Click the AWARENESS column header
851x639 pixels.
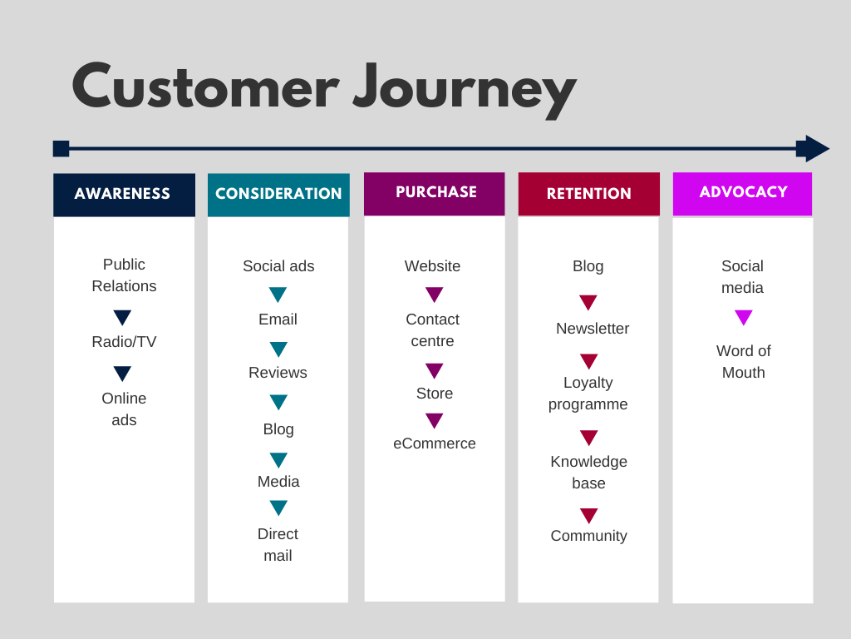pyautogui.click(x=125, y=195)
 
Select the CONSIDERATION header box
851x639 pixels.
pyautogui.click(x=278, y=195)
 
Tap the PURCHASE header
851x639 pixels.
pyautogui.click(x=434, y=193)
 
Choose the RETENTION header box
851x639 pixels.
pyautogui.click(x=589, y=193)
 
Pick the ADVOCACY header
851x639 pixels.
pyautogui.click(x=742, y=193)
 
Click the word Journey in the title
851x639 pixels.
pyautogui.click(x=465, y=90)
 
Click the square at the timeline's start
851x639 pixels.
pyautogui.click(x=61, y=148)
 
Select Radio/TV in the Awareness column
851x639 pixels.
pyautogui.click(x=124, y=342)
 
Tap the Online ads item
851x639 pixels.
pyautogui.click(x=124, y=409)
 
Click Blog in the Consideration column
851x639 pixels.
pyautogui.click(x=278, y=429)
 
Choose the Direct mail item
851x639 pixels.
pyautogui.click(x=278, y=544)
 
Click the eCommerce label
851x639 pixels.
pyautogui.click(x=434, y=443)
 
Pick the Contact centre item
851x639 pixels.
pyautogui.click(x=432, y=329)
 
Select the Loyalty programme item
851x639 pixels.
pyautogui.click(x=588, y=394)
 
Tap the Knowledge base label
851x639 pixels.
pyautogui.click(x=589, y=473)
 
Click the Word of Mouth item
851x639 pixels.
pyautogui.click(x=744, y=361)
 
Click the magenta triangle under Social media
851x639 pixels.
pyautogui.click(x=744, y=317)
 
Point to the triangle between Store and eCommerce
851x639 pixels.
pyautogui.click(x=434, y=420)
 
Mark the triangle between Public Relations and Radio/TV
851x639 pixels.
pyautogui.click(x=123, y=317)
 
